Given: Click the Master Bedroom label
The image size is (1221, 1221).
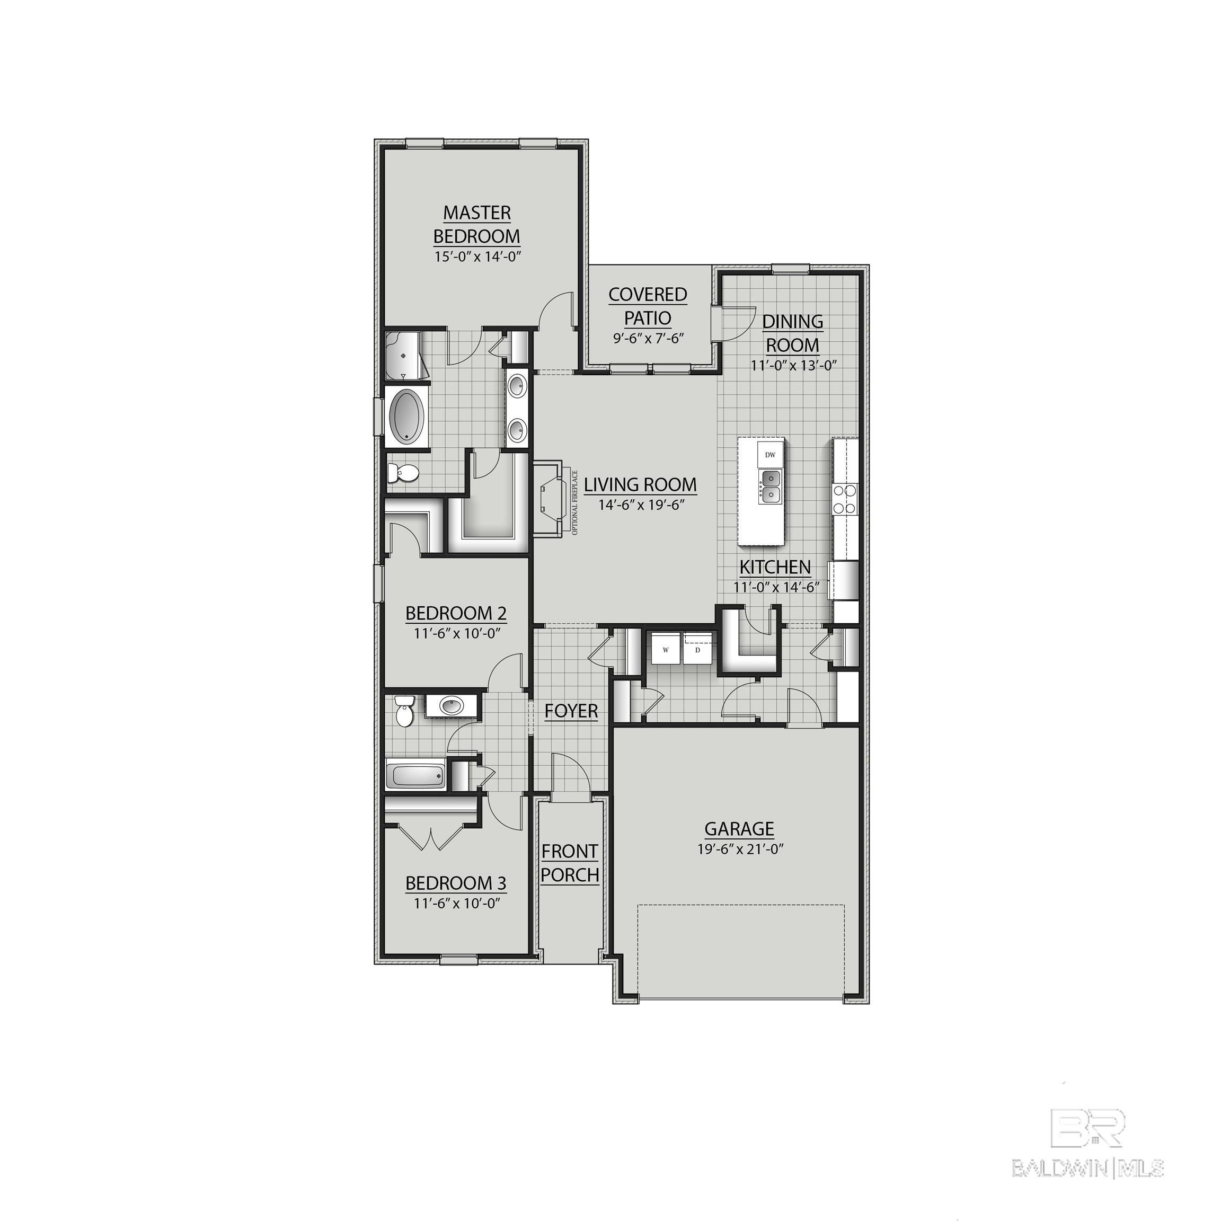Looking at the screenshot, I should pos(476,224).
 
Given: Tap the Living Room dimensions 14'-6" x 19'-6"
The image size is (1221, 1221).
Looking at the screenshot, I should pos(641,505).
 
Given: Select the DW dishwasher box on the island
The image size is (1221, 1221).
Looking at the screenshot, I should pos(770,454).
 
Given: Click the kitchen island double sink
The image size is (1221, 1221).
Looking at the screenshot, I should pos(770,485).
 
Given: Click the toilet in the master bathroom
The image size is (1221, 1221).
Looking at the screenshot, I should pos(402,473).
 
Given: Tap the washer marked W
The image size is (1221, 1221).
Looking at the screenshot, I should pos(666,649).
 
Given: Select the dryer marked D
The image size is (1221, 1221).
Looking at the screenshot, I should pos(698,649).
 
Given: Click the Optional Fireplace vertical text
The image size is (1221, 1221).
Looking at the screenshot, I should pos(575,502).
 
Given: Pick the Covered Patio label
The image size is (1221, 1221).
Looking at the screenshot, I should pos(648,306).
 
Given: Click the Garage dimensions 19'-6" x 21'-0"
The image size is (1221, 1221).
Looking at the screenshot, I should pos(740,849).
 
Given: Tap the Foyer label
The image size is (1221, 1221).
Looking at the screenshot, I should pos(571,711).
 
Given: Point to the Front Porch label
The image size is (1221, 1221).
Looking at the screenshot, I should pos(569,863).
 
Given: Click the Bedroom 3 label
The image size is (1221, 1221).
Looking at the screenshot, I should pos(456,883).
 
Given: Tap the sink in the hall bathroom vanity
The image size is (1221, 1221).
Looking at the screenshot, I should pos(450,705).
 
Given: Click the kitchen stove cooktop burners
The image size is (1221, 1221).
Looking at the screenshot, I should pos(845,499).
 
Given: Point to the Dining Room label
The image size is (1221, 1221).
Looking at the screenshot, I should pos(792,333).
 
